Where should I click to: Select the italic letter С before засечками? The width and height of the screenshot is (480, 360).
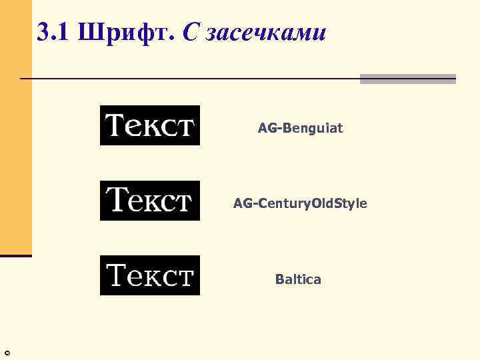[190, 31]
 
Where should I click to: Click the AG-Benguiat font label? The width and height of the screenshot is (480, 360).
[300, 128]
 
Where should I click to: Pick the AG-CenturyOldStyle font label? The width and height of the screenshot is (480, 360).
[300, 203]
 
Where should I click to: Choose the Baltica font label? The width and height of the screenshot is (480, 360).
[298, 279]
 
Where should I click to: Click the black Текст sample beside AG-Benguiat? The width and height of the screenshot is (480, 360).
[150, 125]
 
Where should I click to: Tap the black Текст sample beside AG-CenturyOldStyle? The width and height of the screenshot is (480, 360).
[150, 201]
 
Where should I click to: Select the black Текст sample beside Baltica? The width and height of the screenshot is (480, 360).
[150, 275]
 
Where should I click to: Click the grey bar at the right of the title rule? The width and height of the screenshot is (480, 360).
[408, 79]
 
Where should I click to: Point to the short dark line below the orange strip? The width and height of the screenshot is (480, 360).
[15, 255]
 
